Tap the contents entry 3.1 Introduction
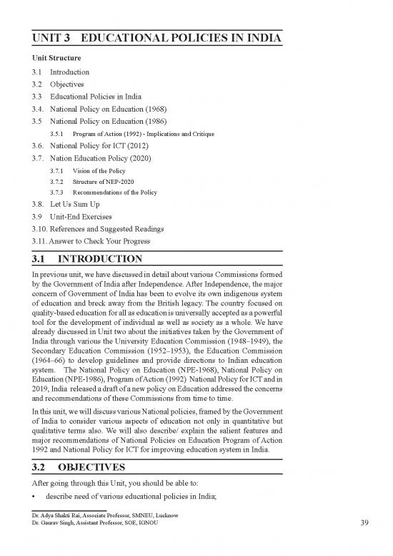(61, 72)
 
